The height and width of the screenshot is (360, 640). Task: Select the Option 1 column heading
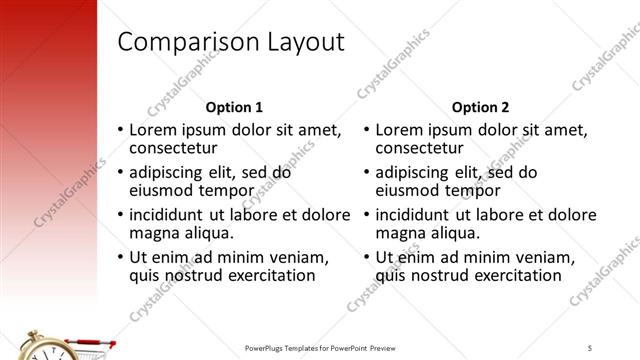(234, 107)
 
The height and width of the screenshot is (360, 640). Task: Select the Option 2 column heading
(480, 107)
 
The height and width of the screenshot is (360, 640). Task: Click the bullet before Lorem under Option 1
(121, 130)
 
